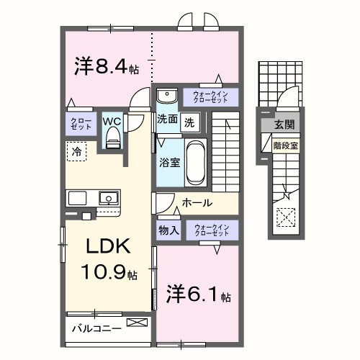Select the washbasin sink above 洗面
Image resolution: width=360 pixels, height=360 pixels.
166,96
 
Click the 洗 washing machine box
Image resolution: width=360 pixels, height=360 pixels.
189,122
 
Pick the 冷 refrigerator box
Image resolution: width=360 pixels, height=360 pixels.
75,151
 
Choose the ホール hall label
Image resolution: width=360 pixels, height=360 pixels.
197,203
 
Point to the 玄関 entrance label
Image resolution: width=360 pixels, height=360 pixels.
283,125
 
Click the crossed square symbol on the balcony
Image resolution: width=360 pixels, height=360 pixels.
135,323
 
